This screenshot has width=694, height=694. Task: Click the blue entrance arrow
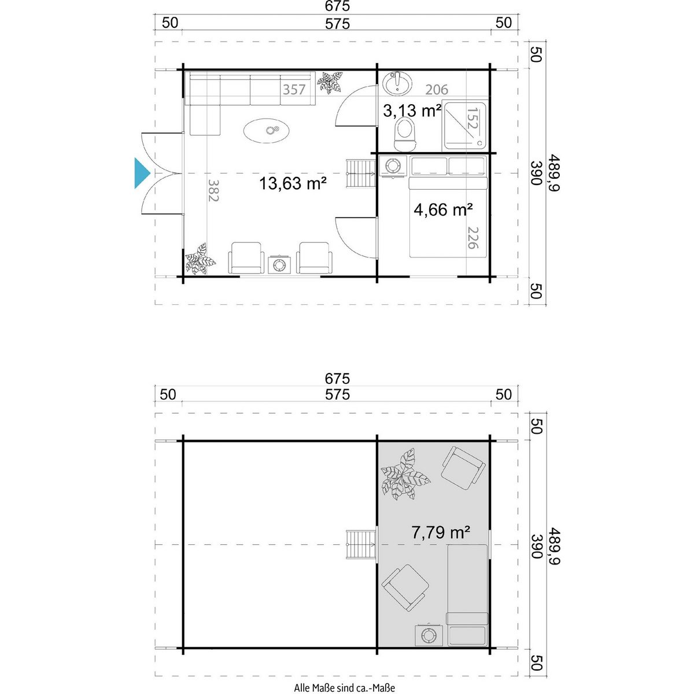click(142, 173)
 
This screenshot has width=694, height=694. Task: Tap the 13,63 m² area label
click(293, 183)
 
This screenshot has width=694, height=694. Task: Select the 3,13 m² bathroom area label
click(412, 110)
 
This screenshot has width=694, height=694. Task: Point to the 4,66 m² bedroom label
click(443, 209)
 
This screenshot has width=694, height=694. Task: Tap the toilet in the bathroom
click(405, 135)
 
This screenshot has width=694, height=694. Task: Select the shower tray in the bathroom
click(465, 126)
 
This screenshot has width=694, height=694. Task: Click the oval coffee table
click(267, 130)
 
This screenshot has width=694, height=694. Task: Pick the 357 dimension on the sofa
click(294, 89)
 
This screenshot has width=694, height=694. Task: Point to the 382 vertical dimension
click(213, 190)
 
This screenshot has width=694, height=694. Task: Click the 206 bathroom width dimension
click(437, 89)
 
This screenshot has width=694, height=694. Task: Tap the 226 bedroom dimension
click(472, 238)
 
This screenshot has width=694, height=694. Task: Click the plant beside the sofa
click(330, 83)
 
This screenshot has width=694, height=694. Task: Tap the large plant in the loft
click(405, 474)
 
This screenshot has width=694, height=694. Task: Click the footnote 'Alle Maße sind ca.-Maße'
click(344, 688)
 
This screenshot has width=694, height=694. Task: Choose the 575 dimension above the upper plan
click(337, 24)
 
